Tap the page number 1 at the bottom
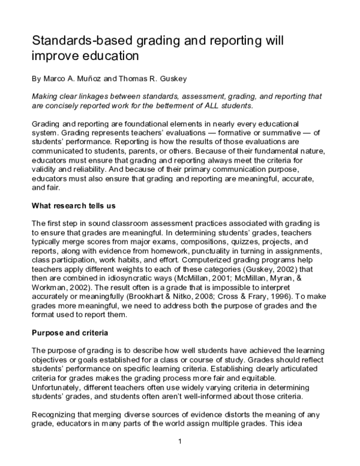coord(180,443)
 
